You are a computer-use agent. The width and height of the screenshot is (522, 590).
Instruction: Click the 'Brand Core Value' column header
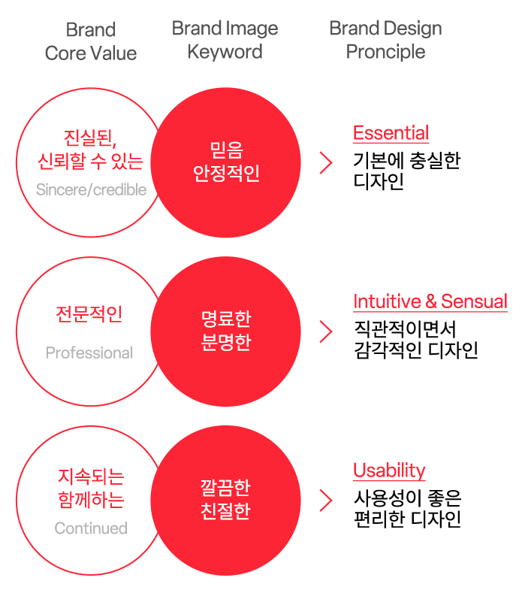91,42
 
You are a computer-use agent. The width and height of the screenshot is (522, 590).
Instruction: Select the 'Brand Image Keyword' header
225,41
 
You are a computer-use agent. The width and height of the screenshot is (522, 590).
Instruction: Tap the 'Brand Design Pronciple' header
385,41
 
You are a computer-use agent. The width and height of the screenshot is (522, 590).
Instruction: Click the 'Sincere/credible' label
91,190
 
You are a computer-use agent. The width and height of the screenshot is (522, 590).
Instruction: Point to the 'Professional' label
89,353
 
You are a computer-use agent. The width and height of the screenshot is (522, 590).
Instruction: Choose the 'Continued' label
91,529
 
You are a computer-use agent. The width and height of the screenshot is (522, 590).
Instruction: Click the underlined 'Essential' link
391,134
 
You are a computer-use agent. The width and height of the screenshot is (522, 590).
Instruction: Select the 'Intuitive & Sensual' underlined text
430,302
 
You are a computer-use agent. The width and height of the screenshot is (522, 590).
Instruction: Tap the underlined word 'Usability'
389,471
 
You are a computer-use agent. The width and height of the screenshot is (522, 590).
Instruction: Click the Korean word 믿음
226,150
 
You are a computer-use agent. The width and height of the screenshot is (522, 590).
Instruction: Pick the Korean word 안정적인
226,174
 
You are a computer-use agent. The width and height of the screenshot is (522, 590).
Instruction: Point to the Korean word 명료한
226,319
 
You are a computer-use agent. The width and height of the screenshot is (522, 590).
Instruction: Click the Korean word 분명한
226,343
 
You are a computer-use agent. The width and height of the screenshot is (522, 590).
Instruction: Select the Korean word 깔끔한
226,488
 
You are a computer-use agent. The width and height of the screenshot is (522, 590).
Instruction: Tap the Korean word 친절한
226,512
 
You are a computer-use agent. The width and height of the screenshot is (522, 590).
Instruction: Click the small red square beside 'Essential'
325,162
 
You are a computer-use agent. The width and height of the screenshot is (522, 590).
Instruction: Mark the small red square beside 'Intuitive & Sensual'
325,331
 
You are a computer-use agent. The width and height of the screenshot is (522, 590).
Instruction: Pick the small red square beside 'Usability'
325,500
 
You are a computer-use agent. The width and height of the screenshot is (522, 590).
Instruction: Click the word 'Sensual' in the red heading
474,302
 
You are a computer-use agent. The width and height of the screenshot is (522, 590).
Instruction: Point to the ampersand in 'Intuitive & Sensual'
431,302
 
